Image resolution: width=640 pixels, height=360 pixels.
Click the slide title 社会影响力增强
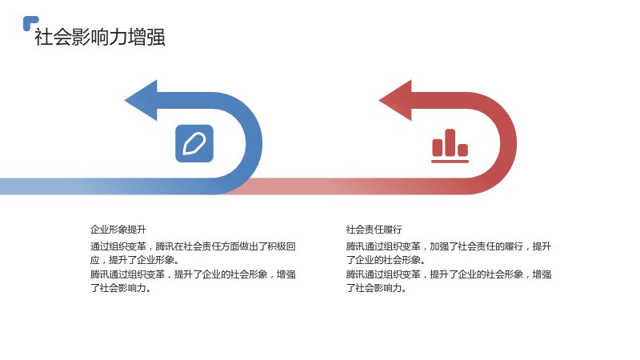tap(100, 37)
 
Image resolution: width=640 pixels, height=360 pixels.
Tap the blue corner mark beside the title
tap(30, 23)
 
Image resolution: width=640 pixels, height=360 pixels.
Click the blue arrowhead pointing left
tap(141, 101)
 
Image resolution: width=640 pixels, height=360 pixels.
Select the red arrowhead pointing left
tap(395, 101)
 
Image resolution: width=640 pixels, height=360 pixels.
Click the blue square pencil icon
tap(194, 143)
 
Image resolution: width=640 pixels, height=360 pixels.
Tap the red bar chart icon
tap(450, 146)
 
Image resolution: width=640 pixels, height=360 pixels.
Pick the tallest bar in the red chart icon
tap(450, 142)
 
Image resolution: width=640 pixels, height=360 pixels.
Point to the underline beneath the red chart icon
tap(450, 162)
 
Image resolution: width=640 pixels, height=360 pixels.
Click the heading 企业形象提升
tap(118, 230)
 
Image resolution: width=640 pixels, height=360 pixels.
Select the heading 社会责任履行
tap(374, 230)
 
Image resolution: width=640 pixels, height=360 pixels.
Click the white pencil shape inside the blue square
tap(194, 144)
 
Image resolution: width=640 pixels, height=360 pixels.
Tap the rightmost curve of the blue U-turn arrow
tap(254, 143)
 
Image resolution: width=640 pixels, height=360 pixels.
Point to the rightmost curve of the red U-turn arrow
tap(508, 143)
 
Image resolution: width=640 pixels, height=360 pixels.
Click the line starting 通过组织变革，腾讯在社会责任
tap(193, 246)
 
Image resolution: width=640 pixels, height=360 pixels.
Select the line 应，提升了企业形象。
tap(134, 260)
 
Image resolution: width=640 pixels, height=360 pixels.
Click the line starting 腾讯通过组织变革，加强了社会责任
tap(449, 246)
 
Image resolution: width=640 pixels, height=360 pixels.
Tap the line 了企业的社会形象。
tap(386, 260)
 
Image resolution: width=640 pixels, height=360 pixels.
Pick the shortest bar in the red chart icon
tap(462, 150)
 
